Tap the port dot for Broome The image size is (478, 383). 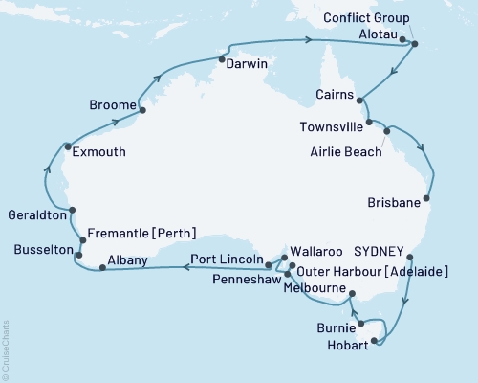[142, 110]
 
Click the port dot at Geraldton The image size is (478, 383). [73, 211]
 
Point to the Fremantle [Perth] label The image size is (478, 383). [141, 232]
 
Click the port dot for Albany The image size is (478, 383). [102, 267]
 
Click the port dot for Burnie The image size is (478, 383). [361, 324]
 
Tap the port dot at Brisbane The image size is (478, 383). [427, 200]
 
